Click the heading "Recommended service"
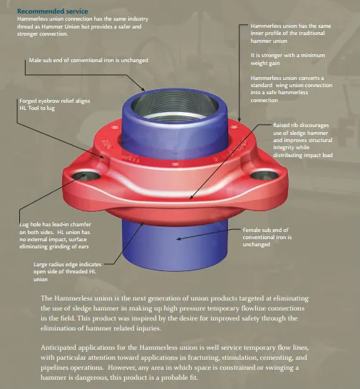pyautogui.click(x=53, y=11)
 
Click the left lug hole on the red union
pyautogui.click(x=86, y=176)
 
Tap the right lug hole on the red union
pyautogui.click(x=264, y=176)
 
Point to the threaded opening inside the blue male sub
pyautogui.click(x=175, y=106)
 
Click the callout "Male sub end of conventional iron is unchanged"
pyautogui.click(x=88, y=60)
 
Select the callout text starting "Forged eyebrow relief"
pyautogui.click(x=55, y=104)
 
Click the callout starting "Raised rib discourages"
pyautogui.click(x=303, y=140)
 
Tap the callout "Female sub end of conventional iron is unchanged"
pyautogui.click(x=267, y=237)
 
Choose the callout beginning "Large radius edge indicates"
pyautogui.click(x=68, y=272)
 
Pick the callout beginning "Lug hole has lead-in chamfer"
pyautogui.click(x=56, y=236)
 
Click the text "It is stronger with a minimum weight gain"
pyautogui.click(x=288, y=59)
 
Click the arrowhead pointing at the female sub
pyautogui.click(x=179, y=239)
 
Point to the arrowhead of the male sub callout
pyautogui.click(x=143, y=89)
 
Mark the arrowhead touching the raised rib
pyautogui.click(x=191, y=197)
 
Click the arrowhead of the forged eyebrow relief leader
pyautogui.click(x=103, y=156)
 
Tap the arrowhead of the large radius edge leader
pyautogui.click(x=142, y=224)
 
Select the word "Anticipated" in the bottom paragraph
pyautogui.click(x=58, y=348)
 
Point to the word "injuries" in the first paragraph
pyautogui.click(x=149, y=328)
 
